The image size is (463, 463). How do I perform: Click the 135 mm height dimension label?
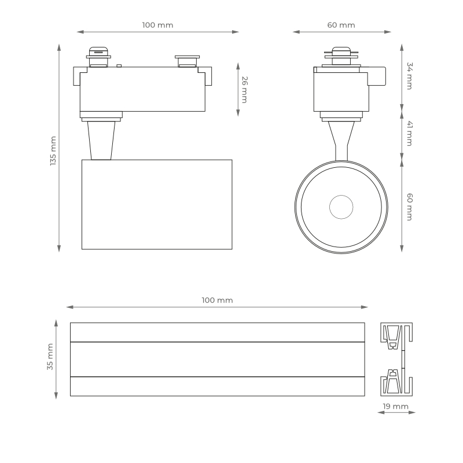(53, 151)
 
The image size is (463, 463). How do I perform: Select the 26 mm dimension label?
(244, 90)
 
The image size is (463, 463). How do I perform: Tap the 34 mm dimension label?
(410, 76)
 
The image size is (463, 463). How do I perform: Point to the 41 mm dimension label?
(410, 134)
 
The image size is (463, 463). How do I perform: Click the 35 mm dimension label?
(50, 357)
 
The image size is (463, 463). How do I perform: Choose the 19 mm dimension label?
(396, 406)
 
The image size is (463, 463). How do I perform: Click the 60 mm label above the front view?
(341, 25)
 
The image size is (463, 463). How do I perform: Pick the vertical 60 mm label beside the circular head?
(410, 207)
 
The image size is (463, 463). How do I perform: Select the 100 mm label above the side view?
(157, 25)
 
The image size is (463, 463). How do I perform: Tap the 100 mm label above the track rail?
(218, 300)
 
